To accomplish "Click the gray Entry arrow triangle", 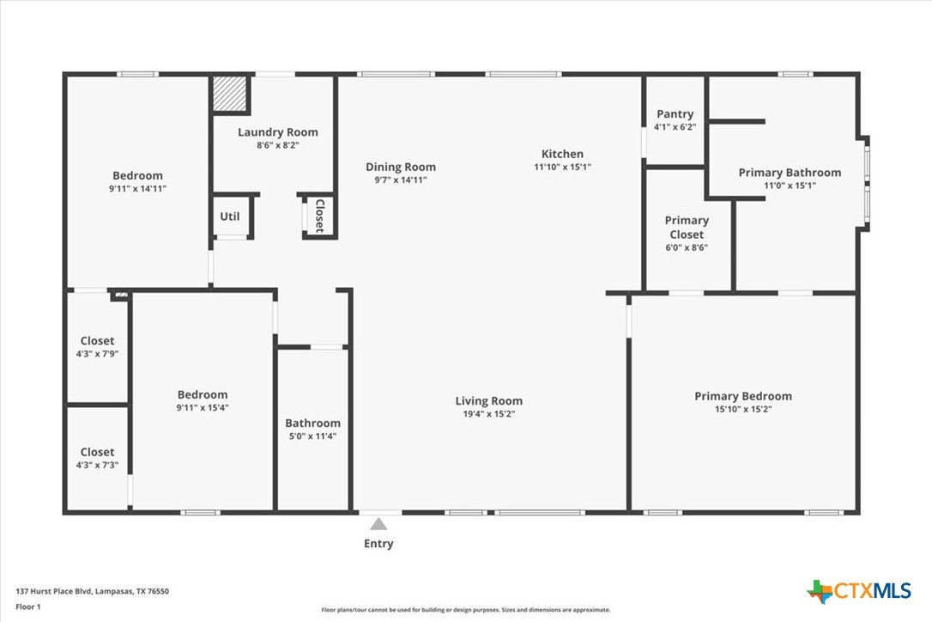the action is tap(378, 524).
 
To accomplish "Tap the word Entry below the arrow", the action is tap(378, 544).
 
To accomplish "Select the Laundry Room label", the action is tap(277, 132).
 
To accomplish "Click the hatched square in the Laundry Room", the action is tap(229, 93).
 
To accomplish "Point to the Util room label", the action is tap(230, 216).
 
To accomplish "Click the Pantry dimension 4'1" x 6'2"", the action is tap(675, 127).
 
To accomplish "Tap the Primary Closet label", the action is tap(687, 228).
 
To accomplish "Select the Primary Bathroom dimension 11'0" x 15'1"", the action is tap(790, 186).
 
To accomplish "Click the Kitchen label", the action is tap(562, 154).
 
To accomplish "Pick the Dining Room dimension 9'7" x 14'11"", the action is tap(401, 180).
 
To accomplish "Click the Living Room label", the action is tap(489, 401).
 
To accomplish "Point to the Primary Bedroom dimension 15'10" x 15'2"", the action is tap(743, 409).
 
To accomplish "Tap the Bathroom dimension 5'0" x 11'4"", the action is tap(312, 436).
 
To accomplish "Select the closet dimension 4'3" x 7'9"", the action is tap(98, 354).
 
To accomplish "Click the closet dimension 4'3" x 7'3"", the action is tap(98, 465).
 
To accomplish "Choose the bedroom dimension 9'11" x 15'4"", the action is tap(202, 408).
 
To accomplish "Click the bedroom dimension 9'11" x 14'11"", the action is tap(137, 189).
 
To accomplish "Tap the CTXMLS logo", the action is tap(859, 591).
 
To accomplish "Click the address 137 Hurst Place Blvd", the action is tap(53, 592).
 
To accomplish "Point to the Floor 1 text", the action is tap(28, 607).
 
